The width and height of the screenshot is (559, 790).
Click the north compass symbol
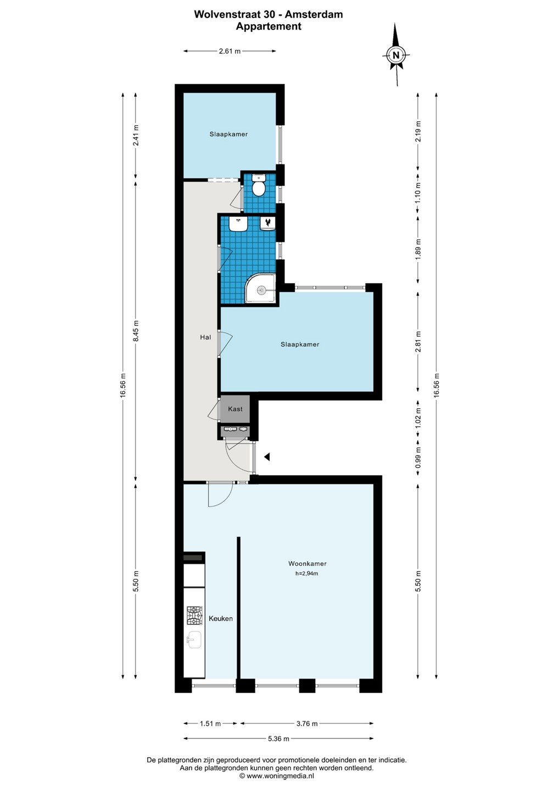396,55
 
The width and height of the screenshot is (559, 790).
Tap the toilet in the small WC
259,185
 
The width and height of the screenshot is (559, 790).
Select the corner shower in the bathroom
260,288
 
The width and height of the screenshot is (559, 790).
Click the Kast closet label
235,409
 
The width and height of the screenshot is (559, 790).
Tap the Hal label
205,337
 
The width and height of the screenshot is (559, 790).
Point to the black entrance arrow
267,456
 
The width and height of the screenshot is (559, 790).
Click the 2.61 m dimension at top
230,51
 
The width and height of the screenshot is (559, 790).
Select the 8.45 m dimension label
136,330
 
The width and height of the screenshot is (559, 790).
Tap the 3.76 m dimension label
306,723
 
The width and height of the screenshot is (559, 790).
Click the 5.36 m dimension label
278,738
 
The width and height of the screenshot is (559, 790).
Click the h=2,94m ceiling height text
306,573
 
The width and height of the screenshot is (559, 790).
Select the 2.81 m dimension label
418,342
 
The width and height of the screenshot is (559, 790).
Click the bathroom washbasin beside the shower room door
238,224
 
